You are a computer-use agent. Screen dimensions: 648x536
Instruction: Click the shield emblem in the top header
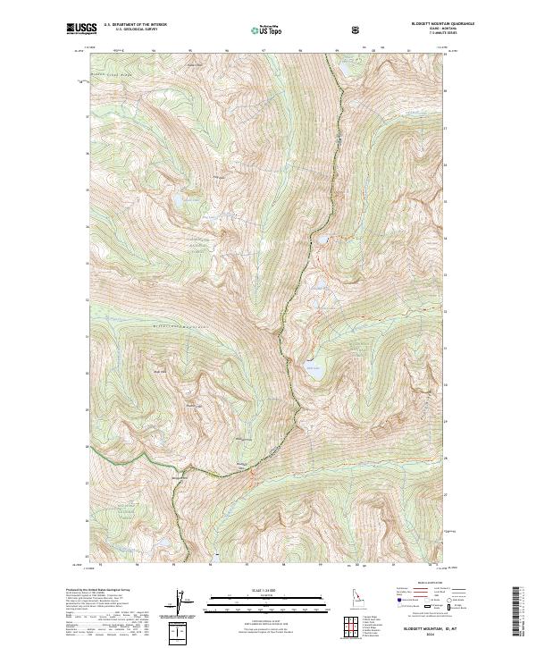[356, 29]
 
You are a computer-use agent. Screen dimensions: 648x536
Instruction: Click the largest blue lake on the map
[314, 369]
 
